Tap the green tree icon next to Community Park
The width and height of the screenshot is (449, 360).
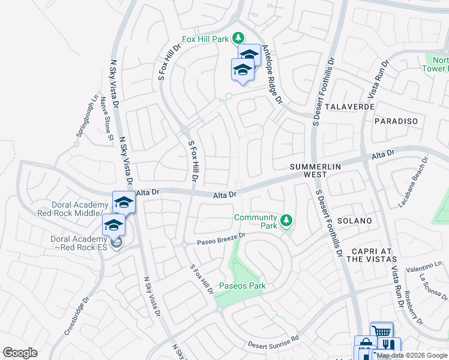coord(287,221)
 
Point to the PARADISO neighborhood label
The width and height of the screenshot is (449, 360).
coord(396,121)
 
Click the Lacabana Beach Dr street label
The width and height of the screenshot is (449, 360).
coord(414,182)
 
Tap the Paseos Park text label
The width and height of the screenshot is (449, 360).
coord(242,286)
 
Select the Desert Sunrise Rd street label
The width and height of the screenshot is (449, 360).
coord(274,342)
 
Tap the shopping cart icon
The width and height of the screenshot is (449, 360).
coord(381,332)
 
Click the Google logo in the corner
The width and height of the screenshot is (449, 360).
coord(20,353)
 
